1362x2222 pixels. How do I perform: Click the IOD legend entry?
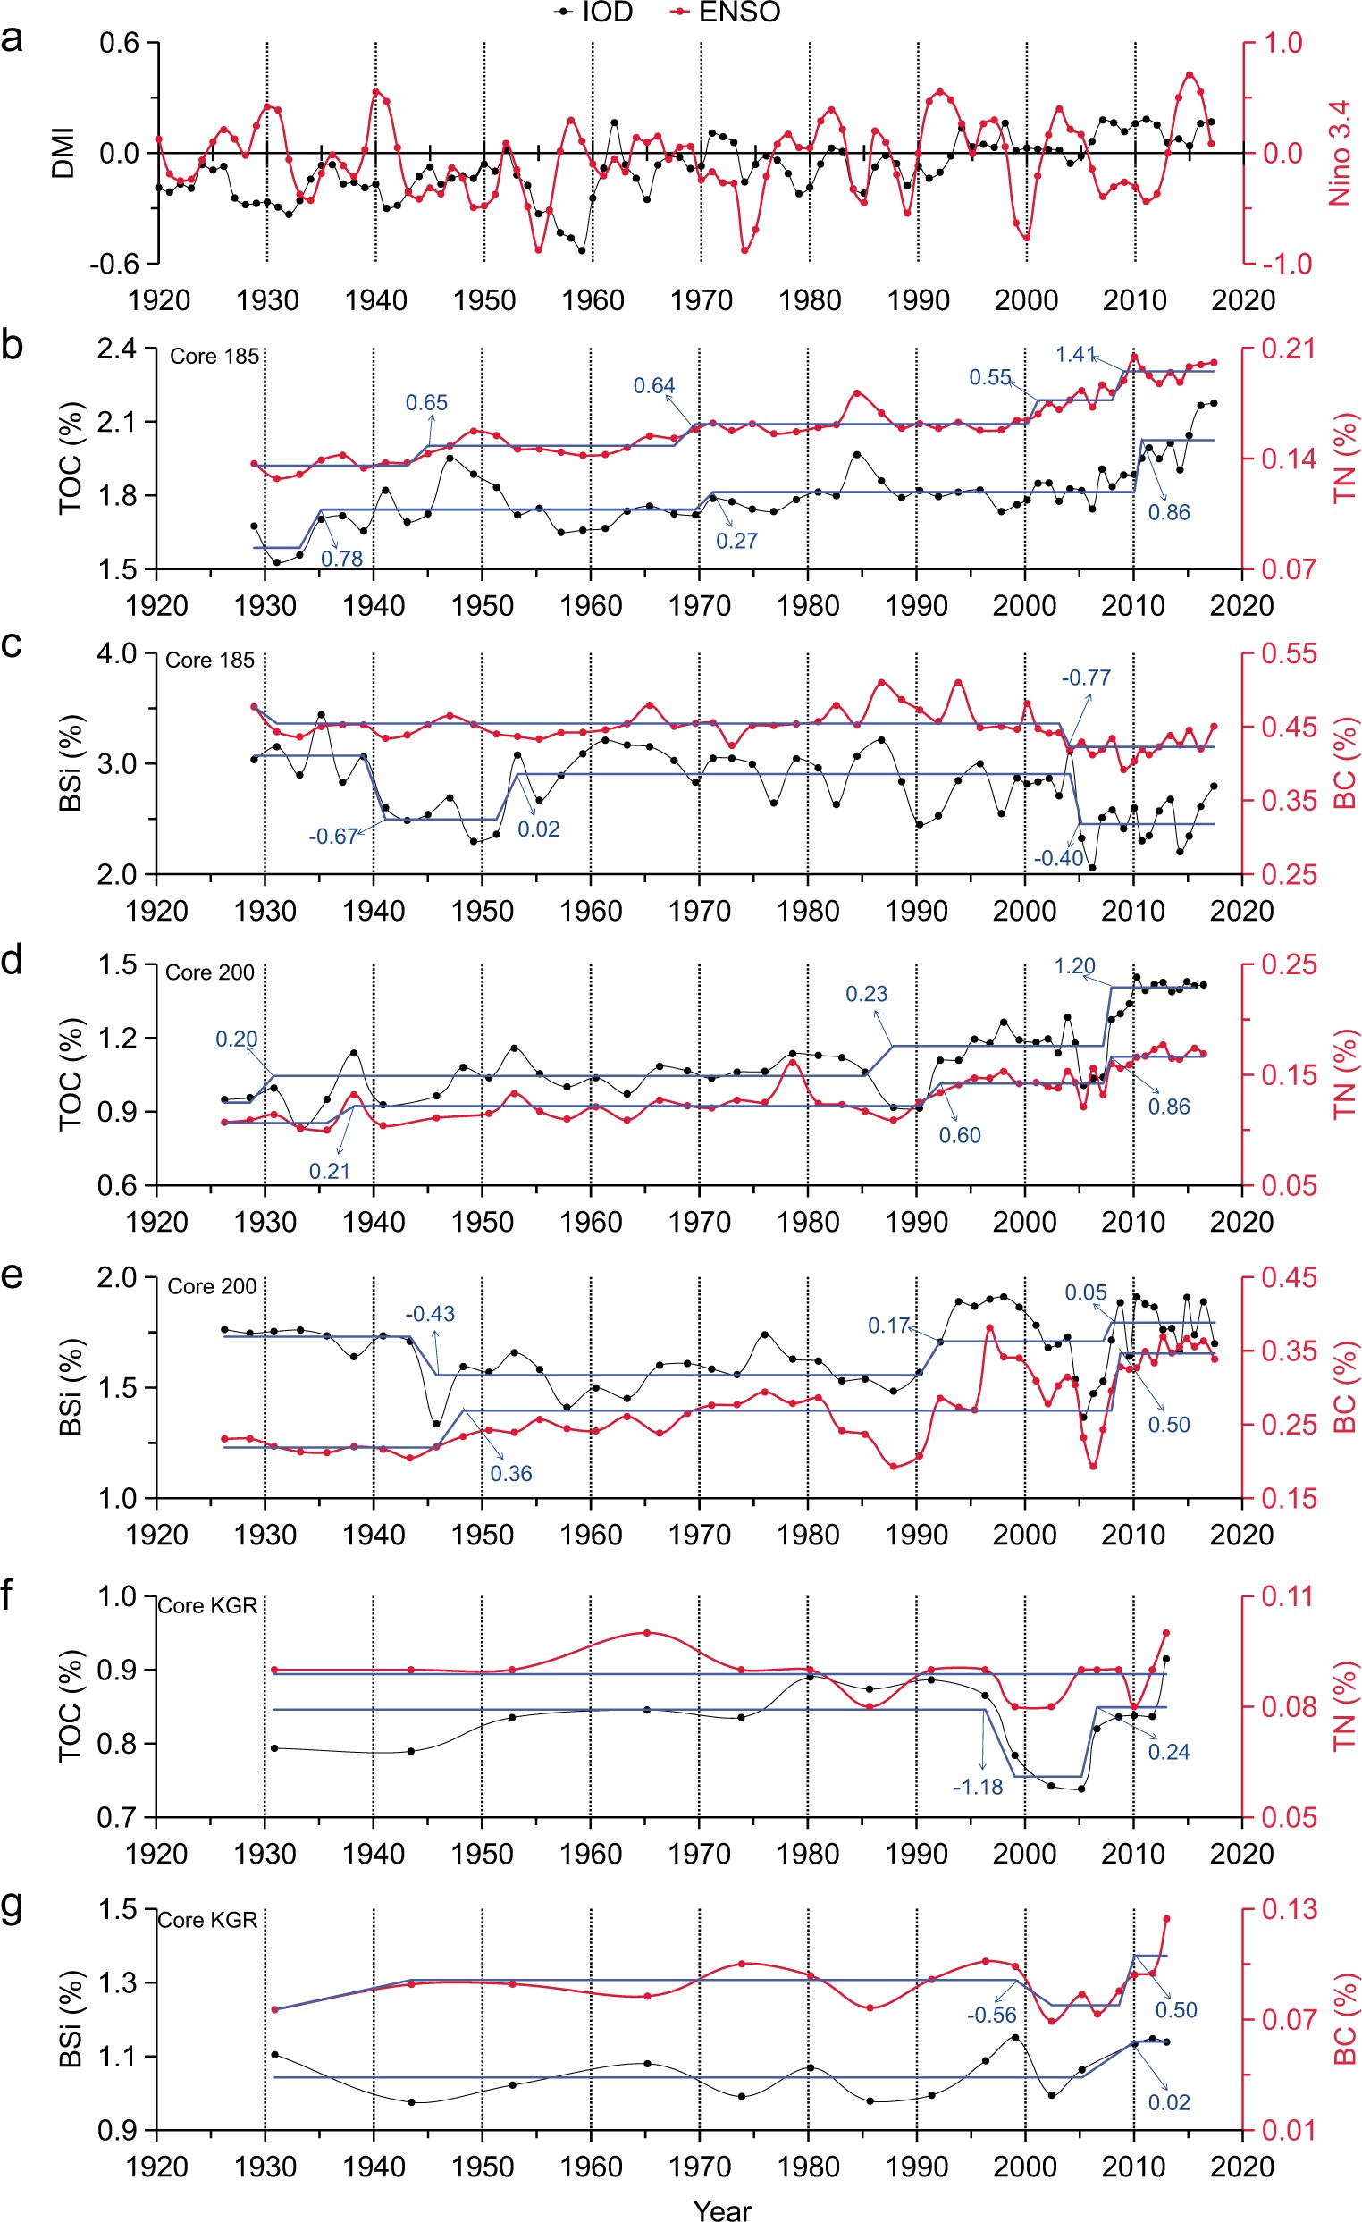(594, 12)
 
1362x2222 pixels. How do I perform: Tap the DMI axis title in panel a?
(63, 153)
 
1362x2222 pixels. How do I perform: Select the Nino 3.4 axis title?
(1341, 153)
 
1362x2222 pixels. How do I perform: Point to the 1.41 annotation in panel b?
(1075, 355)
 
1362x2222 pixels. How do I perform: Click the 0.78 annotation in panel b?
(341, 559)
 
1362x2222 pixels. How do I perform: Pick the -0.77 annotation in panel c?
(1085, 678)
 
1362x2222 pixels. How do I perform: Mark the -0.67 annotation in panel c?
(333, 836)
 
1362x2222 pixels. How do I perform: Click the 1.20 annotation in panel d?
(1074, 966)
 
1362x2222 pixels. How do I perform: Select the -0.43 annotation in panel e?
(430, 1314)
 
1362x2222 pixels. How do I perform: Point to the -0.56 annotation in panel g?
(991, 2015)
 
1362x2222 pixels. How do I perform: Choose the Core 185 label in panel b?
(214, 357)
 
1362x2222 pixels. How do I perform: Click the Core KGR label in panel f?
(208, 1605)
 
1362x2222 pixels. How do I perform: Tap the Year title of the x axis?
(722, 2209)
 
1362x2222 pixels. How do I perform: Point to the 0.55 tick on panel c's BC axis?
(1289, 652)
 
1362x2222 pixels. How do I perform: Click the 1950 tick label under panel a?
(484, 300)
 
